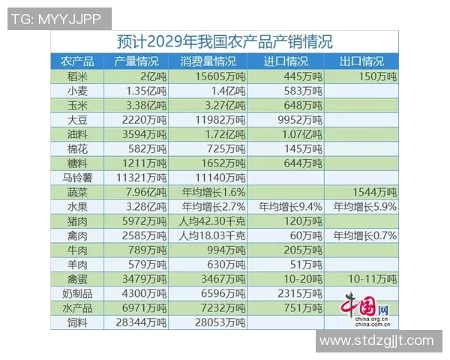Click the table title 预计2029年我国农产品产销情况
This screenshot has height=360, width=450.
tap(225, 41)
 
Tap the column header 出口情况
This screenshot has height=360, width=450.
tap(361, 61)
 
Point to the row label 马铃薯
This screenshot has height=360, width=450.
tap(78, 177)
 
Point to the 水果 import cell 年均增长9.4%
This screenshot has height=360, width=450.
tap(290, 206)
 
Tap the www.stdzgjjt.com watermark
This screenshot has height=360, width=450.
tap(376, 343)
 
